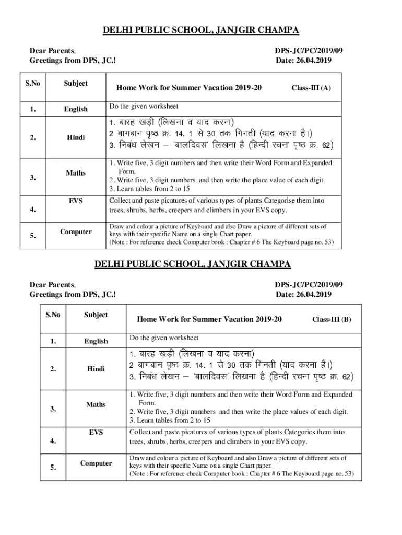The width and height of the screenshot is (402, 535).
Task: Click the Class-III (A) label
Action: click(311, 88)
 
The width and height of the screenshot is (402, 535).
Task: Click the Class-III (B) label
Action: click(332, 319)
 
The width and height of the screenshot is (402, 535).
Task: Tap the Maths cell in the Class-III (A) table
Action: click(76, 172)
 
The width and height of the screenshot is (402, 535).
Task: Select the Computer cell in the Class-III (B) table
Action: click(96, 463)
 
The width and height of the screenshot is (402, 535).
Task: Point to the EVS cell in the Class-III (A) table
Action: click(76, 201)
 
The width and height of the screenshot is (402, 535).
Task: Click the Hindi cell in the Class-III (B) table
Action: click(96, 369)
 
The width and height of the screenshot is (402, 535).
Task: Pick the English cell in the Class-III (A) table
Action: click(76, 109)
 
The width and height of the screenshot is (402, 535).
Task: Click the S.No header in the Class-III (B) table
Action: click(53, 315)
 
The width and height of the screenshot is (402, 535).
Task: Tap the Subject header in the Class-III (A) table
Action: click(76, 83)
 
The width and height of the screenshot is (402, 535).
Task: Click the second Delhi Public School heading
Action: click(200, 264)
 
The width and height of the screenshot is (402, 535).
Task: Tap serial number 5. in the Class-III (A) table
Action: click(33, 236)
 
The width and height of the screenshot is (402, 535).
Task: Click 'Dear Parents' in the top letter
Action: click(53, 51)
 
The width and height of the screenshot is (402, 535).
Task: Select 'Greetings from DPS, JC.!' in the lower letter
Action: click(73, 295)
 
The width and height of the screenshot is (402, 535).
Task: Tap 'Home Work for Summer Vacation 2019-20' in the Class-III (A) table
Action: click(188, 88)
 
